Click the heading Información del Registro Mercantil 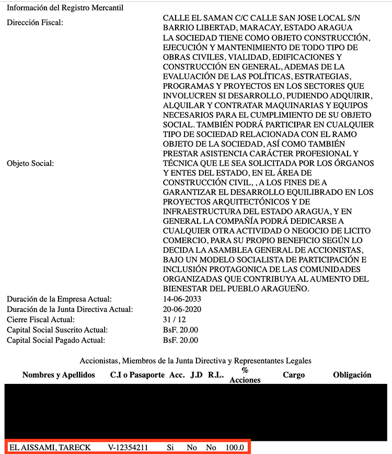[x=65, y=8]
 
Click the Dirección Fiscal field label [x=35, y=22]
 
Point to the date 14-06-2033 [x=182, y=299]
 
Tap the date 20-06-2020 [x=182, y=309]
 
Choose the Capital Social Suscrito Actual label [x=57, y=330]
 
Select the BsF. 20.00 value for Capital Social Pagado [x=180, y=340]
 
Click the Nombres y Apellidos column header [x=59, y=375]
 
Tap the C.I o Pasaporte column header [x=137, y=375]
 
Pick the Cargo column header [x=294, y=375]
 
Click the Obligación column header [x=352, y=375]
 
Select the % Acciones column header [x=245, y=376]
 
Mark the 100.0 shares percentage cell [x=234, y=447]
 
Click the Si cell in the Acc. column [x=170, y=447]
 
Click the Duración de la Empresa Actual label [x=59, y=299]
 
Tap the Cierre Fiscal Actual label [x=41, y=320]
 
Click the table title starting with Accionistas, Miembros [x=195, y=361]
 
